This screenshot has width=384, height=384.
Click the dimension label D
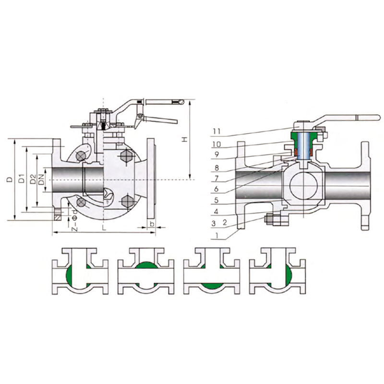coord(10,179)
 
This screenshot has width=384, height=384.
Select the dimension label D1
coord(22,179)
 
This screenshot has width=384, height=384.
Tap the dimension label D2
coord(33,179)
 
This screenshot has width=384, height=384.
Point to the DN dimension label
coord(41,180)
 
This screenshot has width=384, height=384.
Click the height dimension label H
coord(185,139)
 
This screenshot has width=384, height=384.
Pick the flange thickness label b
coord(152,224)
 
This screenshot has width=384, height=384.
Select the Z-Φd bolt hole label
coord(75,220)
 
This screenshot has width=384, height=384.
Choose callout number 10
coord(216,144)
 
